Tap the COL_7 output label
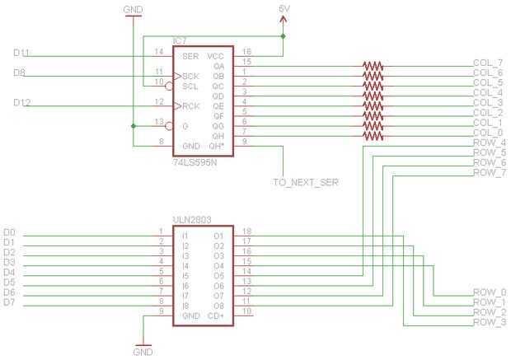click(488, 63)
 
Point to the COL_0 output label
click(488, 133)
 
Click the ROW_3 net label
click(490, 322)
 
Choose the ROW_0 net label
click(490, 292)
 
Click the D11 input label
click(22, 53)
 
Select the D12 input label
click(22, 102)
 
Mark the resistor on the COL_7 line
click(373, 63)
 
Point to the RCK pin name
click(191, 105)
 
